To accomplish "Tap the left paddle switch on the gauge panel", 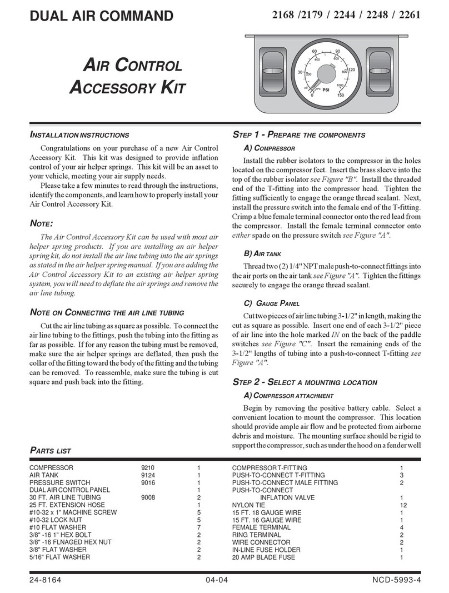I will (x=272, y=72).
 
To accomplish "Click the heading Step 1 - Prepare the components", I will (x=298, y=135).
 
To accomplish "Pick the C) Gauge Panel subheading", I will (x=272, y=303).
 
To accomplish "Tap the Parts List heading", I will (x=50, y=451).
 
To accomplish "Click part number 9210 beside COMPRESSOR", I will (x=148, y=468).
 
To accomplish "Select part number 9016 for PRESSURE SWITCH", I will (x=148, y=483).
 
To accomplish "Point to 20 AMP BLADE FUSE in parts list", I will (x=263, y=556).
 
